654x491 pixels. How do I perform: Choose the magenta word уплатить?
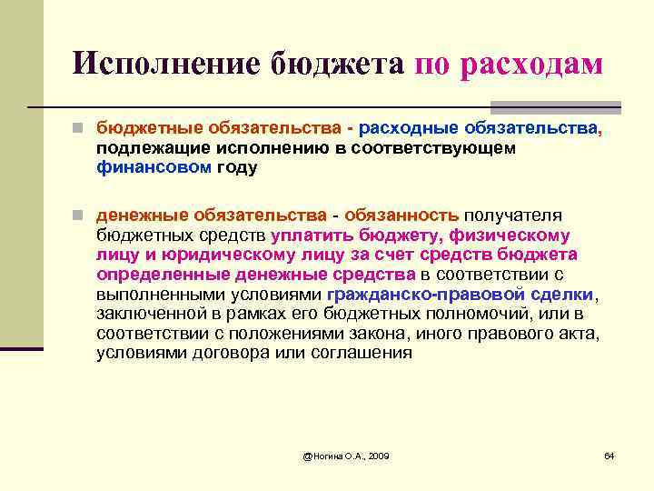309,235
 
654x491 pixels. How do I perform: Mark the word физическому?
508,235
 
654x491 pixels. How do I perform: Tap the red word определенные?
163,275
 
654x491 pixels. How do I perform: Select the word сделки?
562,294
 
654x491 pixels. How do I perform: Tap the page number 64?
609,455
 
